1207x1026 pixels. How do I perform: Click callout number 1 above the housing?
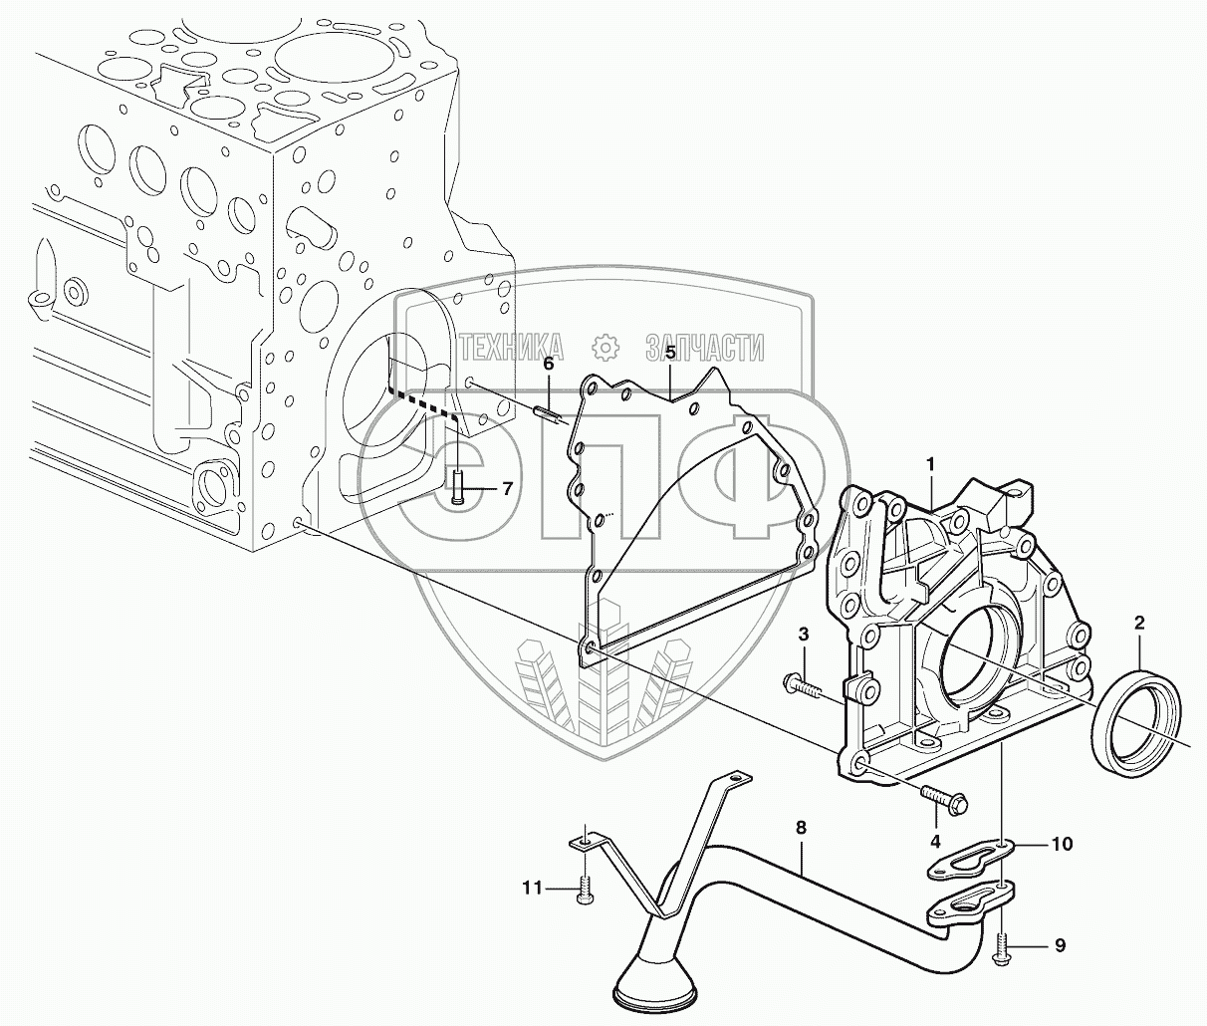(x=930, y=464)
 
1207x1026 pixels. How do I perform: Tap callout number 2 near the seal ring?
(x=1139, y=624)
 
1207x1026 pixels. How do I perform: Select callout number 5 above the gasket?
(x=670, y=353)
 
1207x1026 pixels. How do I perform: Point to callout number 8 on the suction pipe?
(x=801, y=827)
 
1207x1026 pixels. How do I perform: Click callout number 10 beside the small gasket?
(x=1062, y=845)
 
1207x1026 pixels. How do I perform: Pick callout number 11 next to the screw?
(x=532, y=887)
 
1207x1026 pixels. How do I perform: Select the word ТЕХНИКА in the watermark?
(x=511, y=347)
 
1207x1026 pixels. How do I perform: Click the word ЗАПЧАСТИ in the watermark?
(x=705, y=347)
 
